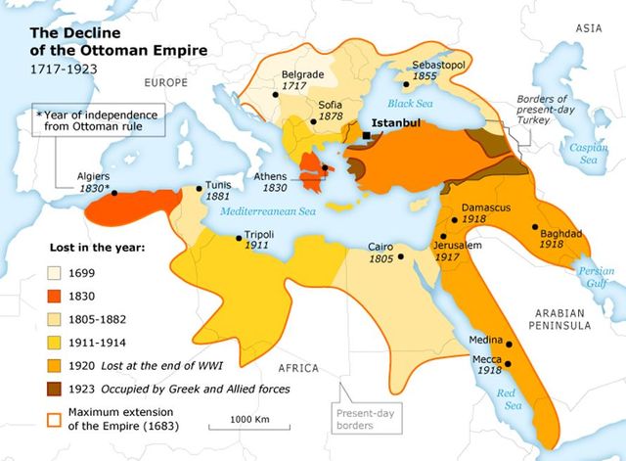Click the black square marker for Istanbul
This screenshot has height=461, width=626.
tap(366, 136)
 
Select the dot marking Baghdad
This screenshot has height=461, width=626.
tap(534, 227)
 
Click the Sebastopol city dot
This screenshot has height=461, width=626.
tap(405, 83)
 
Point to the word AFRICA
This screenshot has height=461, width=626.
tap(298, 368)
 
